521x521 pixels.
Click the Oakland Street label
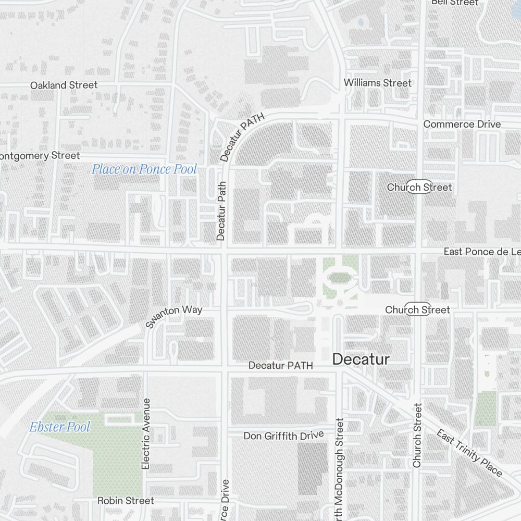(x=64, y=85)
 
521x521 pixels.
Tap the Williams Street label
(x=377, y=83)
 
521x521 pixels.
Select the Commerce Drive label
(x=462, y=124)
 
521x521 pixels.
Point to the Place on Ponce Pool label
(x=144, y=169)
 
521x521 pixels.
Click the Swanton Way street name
(x=174, y=316)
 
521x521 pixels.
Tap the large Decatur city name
(x=361, y=359)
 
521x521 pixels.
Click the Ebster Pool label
(x=59, y=427)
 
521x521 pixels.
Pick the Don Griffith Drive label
(x=283, y=436)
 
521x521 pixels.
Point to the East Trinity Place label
(x=469, y=453)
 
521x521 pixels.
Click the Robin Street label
(x=126, y=501)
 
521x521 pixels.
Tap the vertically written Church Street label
(x=417, y=436)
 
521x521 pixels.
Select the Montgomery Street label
(x=39, y=156)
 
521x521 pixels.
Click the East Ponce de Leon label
(x=482, y=252)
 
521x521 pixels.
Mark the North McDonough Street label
(x=340, y=469)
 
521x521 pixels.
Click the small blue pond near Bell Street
(x=361, y=22)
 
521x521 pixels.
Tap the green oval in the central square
(x=339, y=278)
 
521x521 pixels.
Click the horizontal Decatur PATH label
(x=280, y=366)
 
